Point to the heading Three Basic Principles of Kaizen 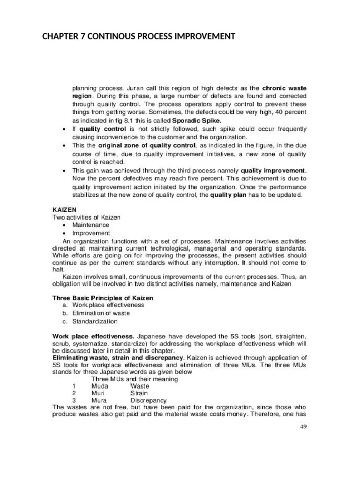[x=103, y=298]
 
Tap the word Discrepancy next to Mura [x=148, y=400]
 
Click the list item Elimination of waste [x=101, y=313]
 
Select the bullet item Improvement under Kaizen [x=91, y=233]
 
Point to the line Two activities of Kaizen [x=86, y=217]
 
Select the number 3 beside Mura [x=74, y=400]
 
